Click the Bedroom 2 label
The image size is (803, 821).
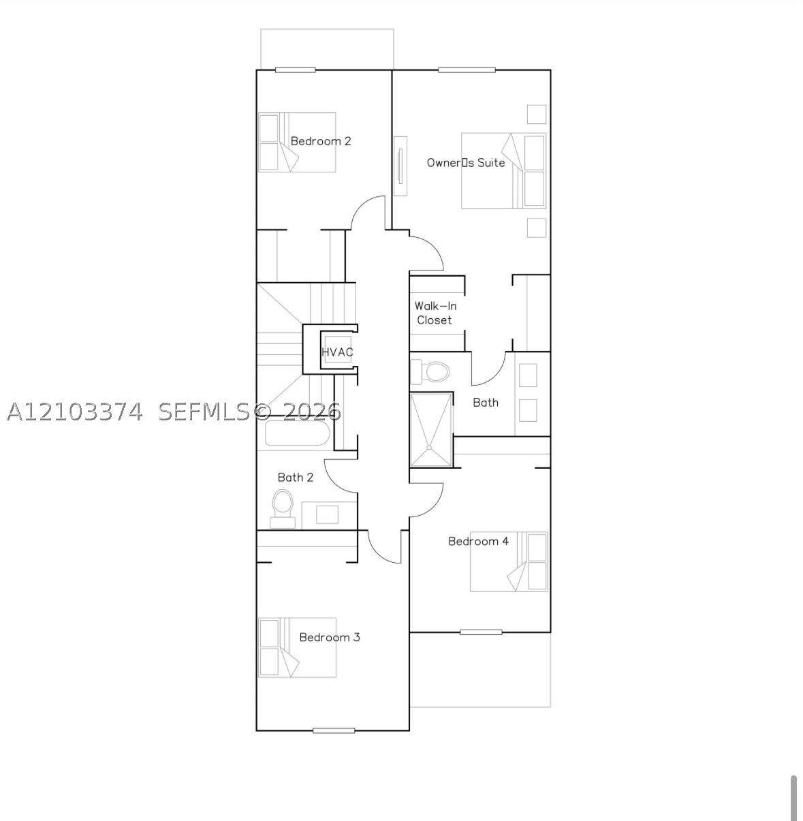321,141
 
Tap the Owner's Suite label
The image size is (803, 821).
466,162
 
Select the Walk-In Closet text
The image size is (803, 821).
435,313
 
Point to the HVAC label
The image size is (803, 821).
337,352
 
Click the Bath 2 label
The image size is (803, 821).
295,477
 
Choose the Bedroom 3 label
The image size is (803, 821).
330,637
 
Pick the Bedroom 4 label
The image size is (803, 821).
478,541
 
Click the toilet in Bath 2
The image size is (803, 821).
283,508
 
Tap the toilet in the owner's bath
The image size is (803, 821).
430,372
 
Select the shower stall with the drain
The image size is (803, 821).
430,430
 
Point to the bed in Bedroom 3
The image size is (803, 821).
298,648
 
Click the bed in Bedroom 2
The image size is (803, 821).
298,142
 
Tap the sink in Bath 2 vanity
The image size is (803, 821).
327,514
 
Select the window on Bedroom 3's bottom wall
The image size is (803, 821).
334,730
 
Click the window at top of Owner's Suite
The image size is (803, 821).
467,70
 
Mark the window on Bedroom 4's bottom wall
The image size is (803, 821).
481,632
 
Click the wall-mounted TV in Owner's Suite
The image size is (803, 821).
400,166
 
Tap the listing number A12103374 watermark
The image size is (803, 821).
75,412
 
